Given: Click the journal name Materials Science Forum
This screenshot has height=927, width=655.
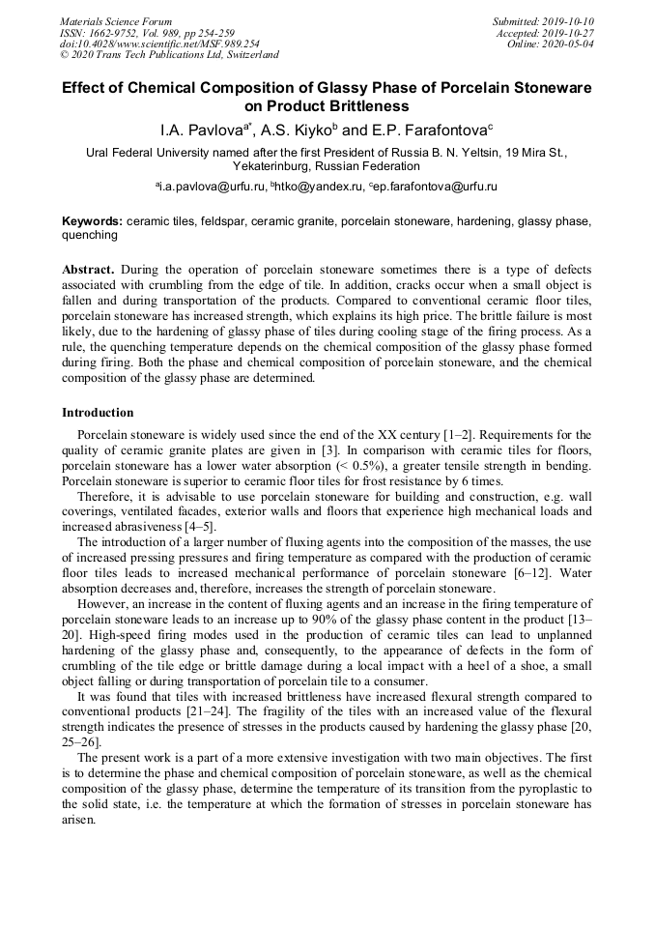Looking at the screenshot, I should coord(116,21).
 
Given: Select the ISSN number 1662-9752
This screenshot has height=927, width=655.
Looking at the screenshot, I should coord(123,32).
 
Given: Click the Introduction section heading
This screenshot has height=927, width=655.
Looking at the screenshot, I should coord(98,413).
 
